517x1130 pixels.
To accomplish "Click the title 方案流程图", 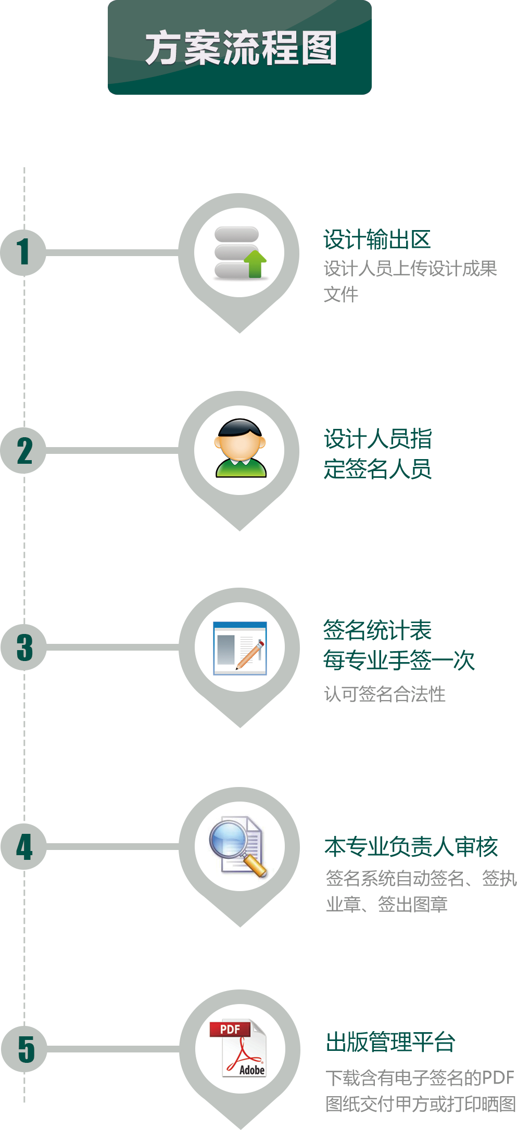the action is point(241,48).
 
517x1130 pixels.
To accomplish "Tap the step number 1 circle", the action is point(23,252).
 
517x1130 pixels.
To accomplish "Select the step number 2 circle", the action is point(23,450).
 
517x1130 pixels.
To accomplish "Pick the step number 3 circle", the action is point(24,647).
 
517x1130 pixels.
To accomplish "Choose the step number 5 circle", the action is point(24,1049).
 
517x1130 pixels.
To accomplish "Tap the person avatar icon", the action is point(241,448).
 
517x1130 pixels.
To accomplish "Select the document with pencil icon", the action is point(240,648).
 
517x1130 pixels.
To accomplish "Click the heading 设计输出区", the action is point(377,239).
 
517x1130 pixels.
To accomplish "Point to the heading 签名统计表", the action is point(377,630).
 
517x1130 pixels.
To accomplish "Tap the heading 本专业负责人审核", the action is point(411,846).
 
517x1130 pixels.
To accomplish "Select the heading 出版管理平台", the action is point(390,1042).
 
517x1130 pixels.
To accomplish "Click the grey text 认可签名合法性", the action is point(385,694).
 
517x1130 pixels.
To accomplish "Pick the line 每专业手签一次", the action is point(399,660).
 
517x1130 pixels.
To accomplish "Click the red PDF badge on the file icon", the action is point(230,1029).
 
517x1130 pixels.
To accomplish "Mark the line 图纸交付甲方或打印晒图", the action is point(421,1103).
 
